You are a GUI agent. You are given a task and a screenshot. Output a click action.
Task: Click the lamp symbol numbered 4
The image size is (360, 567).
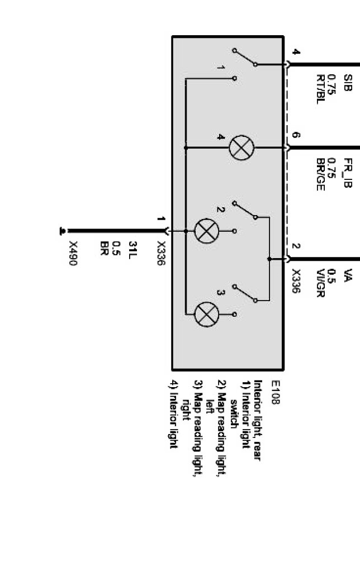click(x=241, y=148)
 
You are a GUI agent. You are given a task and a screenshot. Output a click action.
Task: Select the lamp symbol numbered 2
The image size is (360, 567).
click(x=206, y=230)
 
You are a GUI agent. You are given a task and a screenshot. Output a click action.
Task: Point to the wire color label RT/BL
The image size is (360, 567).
click(x=321, y=89)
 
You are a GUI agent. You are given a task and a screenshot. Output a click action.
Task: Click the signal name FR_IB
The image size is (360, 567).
click(x=348, y=173)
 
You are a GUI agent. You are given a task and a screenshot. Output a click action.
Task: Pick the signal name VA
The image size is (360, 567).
click(x=348, y=274)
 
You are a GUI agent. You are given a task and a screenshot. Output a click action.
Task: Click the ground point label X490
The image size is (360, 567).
click(x=73, y=253)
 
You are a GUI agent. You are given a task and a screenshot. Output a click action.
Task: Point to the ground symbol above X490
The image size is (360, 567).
click(x=63, y=230)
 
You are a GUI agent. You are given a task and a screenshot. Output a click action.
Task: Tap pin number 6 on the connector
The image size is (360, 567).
click(x=296, y=135)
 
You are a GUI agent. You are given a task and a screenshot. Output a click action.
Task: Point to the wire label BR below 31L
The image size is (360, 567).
click(x=103, y=246)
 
